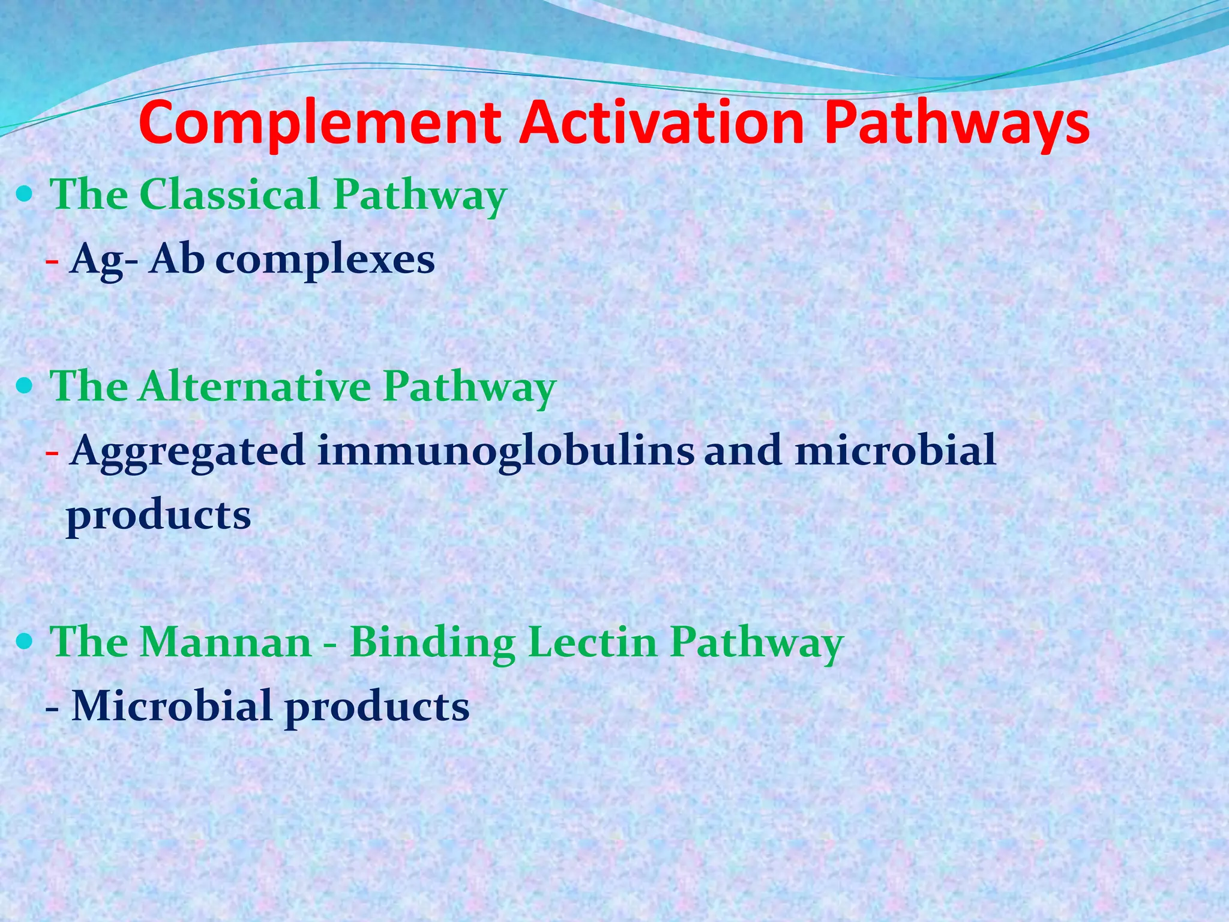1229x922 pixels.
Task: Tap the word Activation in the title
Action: (662, 123)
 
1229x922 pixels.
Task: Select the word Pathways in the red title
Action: (957, 124)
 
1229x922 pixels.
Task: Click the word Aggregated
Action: (187, 452)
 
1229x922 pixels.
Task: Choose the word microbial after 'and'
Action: (895, 451)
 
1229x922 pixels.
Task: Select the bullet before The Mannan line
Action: (25, 642)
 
